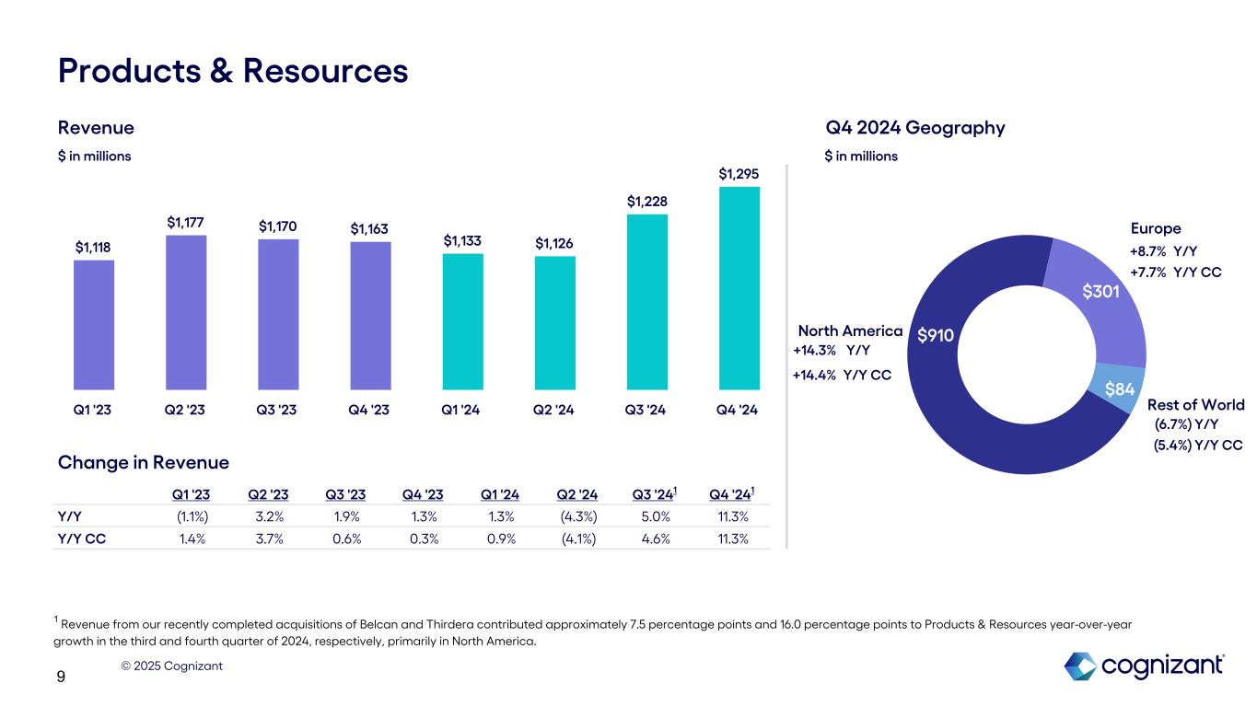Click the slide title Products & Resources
pyautogui.click(x=233, y=70)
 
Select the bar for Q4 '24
pyautogui.click(x=739, y=288)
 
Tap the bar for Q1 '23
pyautogui.click(x=94, y=324)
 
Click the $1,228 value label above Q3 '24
pyautogui.click(x=646, y=201)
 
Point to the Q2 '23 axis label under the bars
pyautogui.click(x=185, y=409)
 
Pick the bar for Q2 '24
pyautogui.click(x=554, y=322)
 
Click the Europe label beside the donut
pyautogui.click(x=1155, y=228)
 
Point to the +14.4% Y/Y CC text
pyautogui.click(x=843, y=375)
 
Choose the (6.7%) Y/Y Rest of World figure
pyautogui.click(x=1186, y=423)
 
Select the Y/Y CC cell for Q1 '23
pyautogui.click(x=192, y=539)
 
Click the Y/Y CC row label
pyautogui.click(x=81, y=539)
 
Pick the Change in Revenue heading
pyautogui.click(x=143, y=462)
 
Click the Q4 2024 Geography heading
pyautogui.click(x=914, y=128)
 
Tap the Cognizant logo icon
pyautogui.click(x=1079, y=665)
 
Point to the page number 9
pyautogui.click(x=61, y=678)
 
